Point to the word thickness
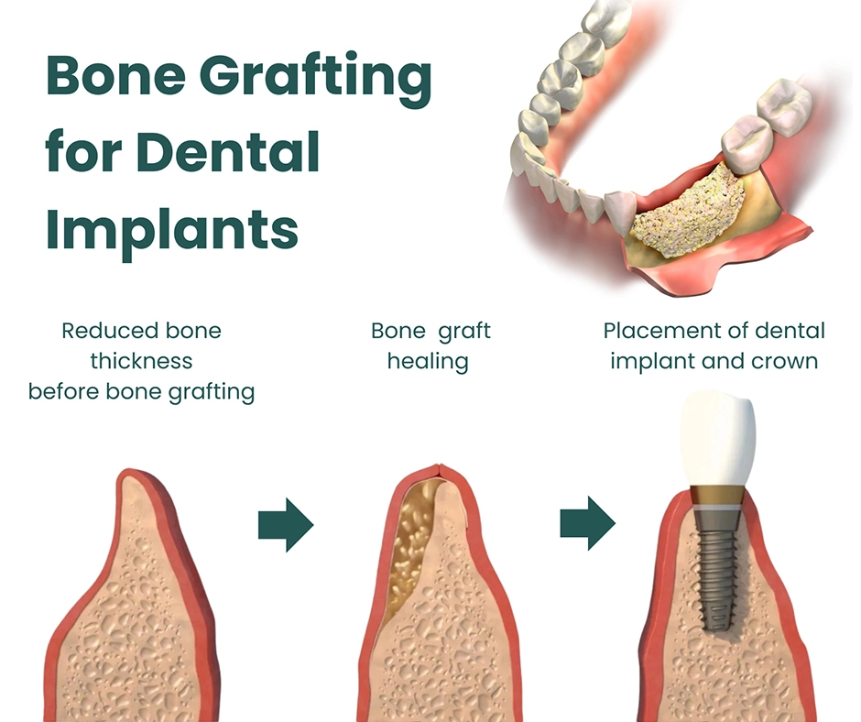coord(141,361)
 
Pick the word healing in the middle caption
coord(428,361)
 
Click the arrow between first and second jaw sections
coord(286,525)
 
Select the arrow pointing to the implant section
coord(587,525)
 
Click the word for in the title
coord(81,151)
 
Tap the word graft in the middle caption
coord(463,330)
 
